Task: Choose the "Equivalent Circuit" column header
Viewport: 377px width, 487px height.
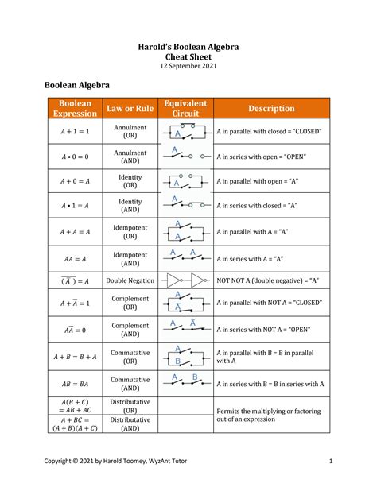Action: pos(185,108)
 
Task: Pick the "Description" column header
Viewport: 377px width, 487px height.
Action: pos(270,108)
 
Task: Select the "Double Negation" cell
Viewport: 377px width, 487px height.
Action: pos(130,280)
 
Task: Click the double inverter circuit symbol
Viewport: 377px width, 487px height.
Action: pos(185,280)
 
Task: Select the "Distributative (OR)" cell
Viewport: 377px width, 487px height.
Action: pos(130,406)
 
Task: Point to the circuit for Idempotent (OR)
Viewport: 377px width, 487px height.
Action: pos(185,230)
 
